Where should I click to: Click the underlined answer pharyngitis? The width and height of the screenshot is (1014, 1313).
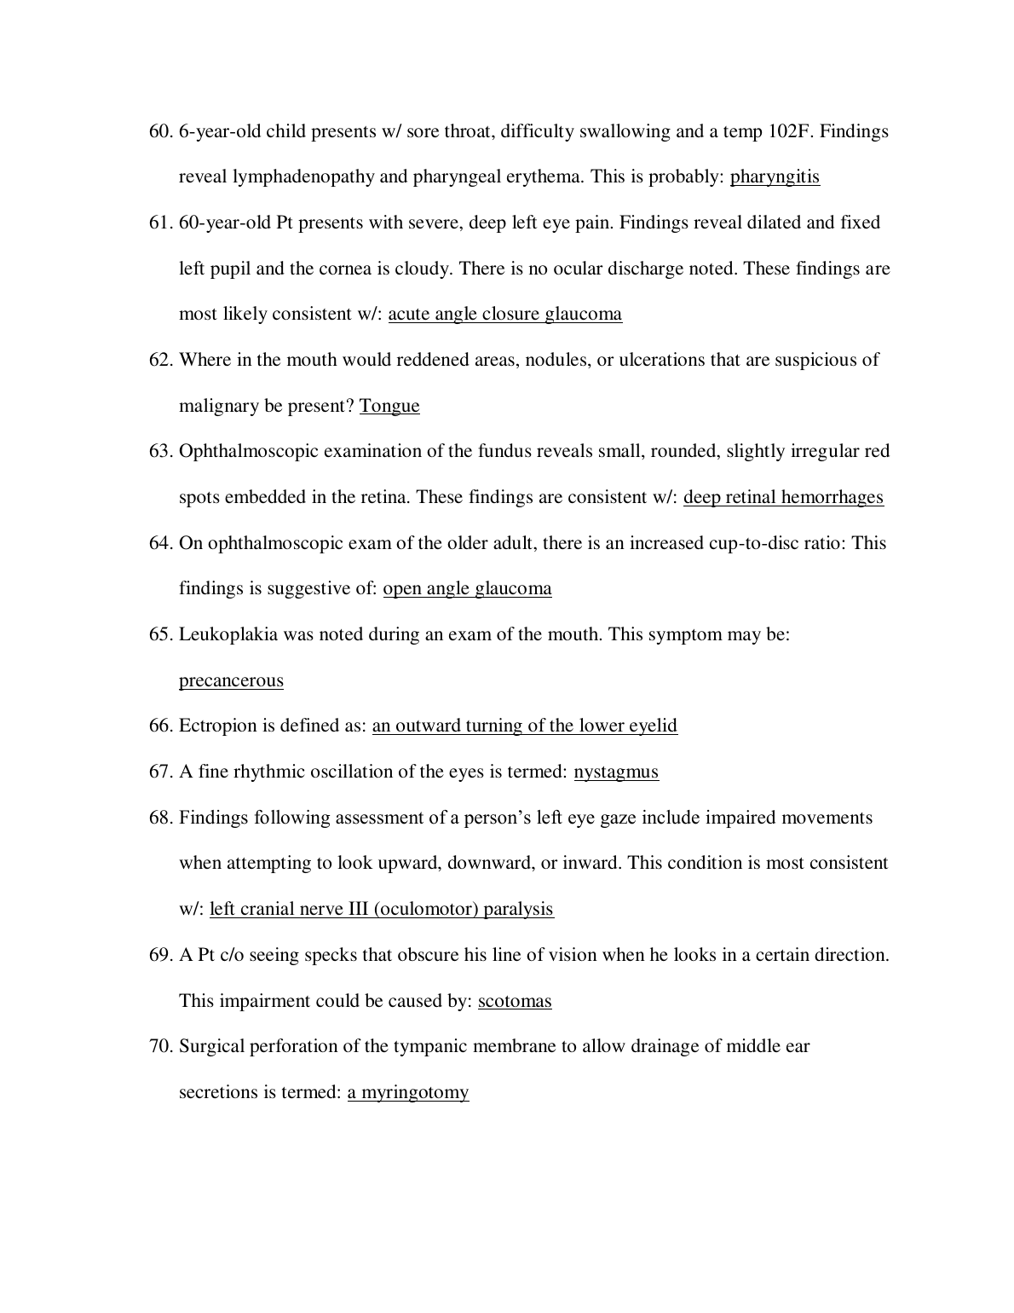(775, 177)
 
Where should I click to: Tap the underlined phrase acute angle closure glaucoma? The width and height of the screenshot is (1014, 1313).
(504, 315)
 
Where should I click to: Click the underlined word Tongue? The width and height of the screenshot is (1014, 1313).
(389, 406)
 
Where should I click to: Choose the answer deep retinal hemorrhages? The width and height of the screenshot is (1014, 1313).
(783, 497)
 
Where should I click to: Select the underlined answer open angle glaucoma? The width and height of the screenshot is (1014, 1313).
(467, 588)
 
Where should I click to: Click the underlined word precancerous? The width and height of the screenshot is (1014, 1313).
(231, 680)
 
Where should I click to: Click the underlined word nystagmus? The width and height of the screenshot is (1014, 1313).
(616, 772)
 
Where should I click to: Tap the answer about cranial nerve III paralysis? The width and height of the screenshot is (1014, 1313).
(382, 909)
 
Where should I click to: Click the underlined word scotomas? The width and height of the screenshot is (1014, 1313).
(515, 1001)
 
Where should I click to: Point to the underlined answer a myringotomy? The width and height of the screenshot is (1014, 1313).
(408, 1092)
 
